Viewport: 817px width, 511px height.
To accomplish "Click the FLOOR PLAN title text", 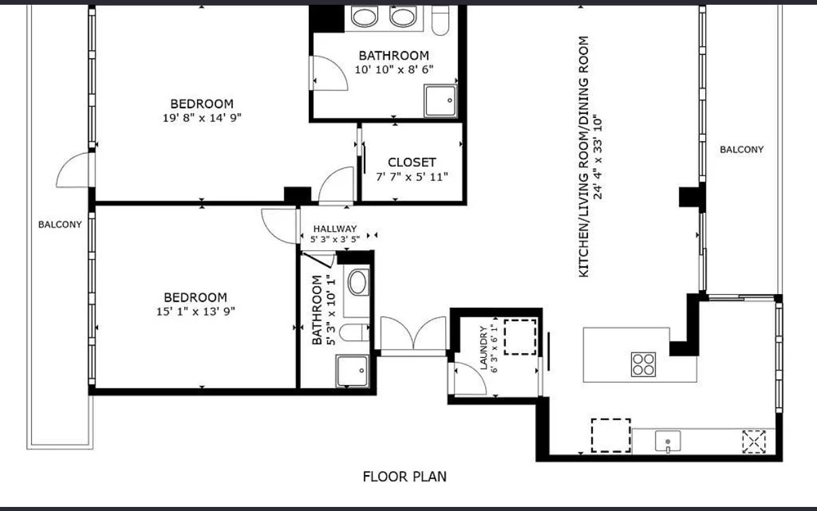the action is pos(404,476).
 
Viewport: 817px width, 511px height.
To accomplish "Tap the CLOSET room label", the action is pos(412,163).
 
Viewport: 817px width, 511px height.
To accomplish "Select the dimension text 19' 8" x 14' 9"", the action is pos(202,118).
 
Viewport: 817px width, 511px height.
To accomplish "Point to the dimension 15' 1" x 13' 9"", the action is pos(196,311).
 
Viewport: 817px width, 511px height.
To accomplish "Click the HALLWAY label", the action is pos(335,229).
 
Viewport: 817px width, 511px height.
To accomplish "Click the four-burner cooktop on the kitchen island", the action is pos(644,364).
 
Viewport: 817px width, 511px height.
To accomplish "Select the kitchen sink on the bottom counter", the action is pos(668,442).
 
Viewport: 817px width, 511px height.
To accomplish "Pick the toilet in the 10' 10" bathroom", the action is pos(440,20).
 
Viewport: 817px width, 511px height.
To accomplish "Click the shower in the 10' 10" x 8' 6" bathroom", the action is pos(440,101).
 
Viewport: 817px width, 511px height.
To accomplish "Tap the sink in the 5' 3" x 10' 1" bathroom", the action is pos(358,282).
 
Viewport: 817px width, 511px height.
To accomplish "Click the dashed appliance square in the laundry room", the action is pos(520,337).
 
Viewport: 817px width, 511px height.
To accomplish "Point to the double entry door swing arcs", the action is pos(413,333).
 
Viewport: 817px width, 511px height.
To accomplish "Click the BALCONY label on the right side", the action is pos(742,150).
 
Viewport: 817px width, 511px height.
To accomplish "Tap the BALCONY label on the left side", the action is pos(60,224).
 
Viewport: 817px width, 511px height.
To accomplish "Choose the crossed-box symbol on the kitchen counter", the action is pos(754,442).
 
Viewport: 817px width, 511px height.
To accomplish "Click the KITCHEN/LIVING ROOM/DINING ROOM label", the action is pos(583,157).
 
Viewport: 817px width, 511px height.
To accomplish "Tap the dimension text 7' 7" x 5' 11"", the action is pos(412,177).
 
